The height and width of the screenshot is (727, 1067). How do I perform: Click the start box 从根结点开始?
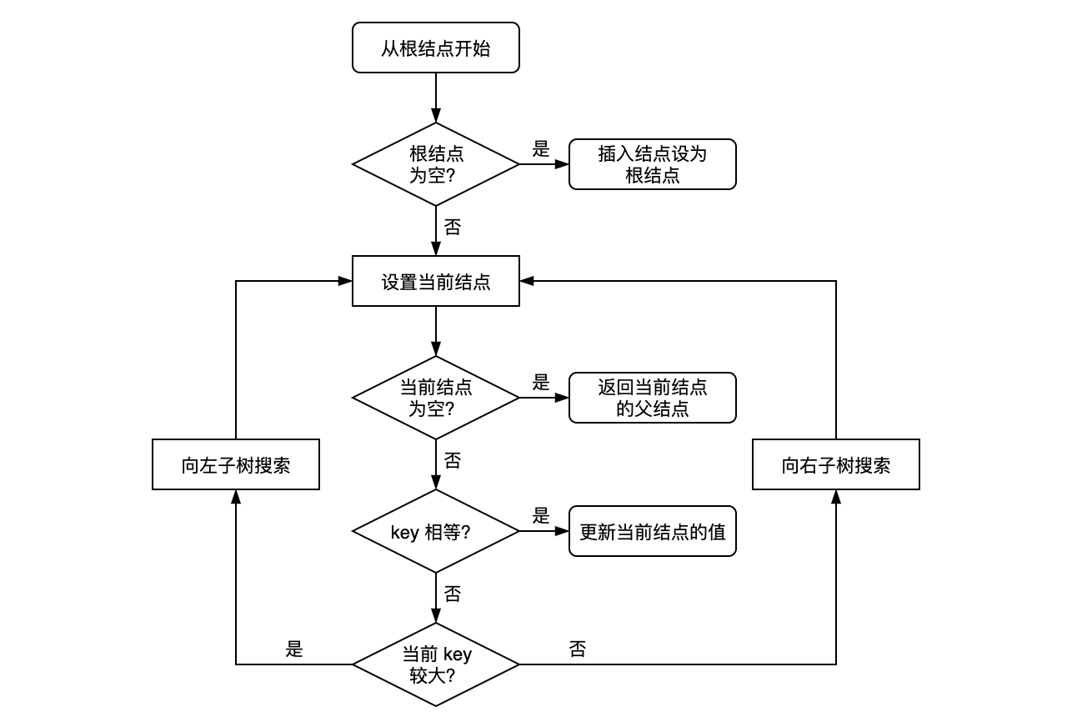[435, 48]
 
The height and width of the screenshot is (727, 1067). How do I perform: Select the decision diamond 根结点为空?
[435, 164]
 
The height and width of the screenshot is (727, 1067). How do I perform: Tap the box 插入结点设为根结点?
[652, 164]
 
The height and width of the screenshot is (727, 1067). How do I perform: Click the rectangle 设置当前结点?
[435, 281]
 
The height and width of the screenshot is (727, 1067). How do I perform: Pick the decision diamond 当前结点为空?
[435, 398]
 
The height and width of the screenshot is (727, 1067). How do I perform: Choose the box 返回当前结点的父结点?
[652, 398]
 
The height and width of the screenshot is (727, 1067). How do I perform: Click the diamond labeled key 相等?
[435, 531]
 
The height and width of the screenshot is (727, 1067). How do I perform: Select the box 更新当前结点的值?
[652, 531]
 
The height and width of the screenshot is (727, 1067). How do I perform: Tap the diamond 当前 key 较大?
[435, 664]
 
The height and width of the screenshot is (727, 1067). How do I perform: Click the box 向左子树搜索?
[236, 464]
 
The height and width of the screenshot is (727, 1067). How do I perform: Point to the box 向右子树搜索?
[835, 464]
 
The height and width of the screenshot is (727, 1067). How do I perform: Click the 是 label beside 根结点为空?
[541, 149]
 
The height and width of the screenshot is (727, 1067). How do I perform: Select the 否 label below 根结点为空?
[452, 227]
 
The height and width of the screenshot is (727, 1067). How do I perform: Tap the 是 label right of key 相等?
[541, 516]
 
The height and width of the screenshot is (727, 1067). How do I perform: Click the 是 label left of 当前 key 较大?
[294, 649]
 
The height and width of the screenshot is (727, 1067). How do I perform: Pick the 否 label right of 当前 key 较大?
[578, 649]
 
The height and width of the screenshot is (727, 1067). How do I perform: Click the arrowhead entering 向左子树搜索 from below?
[236, 497]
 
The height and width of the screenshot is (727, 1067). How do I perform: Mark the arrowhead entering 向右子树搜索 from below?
[836, 497]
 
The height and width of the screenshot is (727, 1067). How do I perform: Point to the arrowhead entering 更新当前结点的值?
[562, 531]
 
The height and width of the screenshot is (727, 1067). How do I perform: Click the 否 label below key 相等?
[452, 594]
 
